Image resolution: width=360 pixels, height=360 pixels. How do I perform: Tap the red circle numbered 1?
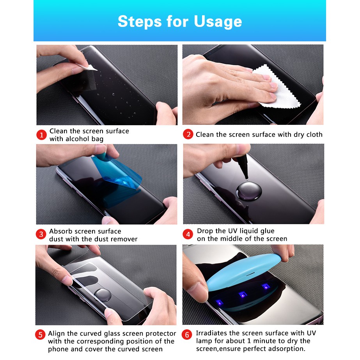click(x=41, y=135)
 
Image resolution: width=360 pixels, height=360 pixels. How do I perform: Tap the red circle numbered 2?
click(x=188, y=135)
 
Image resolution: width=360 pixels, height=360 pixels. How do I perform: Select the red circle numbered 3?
click(x=41, y=235)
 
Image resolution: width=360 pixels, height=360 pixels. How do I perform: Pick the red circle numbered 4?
click(x=188, y=234)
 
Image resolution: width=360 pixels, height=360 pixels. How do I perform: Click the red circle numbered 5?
click(x=41, y=335)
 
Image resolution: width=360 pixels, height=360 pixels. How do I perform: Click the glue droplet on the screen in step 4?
click(x=247, y=190)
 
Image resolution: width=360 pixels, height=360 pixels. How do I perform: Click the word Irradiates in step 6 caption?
click(x=213, y=333)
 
